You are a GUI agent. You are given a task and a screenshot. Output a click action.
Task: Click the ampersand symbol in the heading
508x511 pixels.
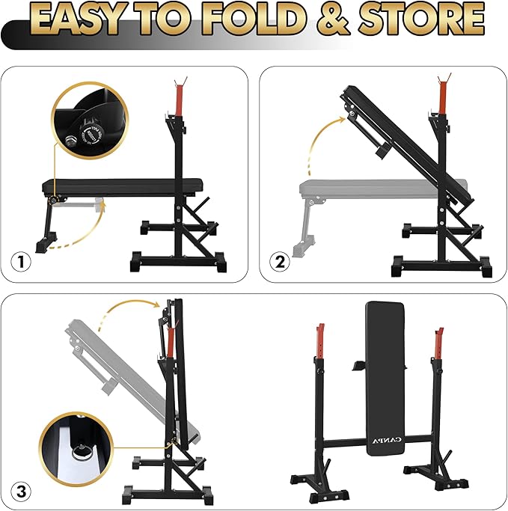334,21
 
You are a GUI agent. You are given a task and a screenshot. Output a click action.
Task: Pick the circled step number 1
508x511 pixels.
22,263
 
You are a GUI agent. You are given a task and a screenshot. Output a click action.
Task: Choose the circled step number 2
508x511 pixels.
281,263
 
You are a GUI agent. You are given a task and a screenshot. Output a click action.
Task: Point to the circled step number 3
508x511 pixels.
22,492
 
